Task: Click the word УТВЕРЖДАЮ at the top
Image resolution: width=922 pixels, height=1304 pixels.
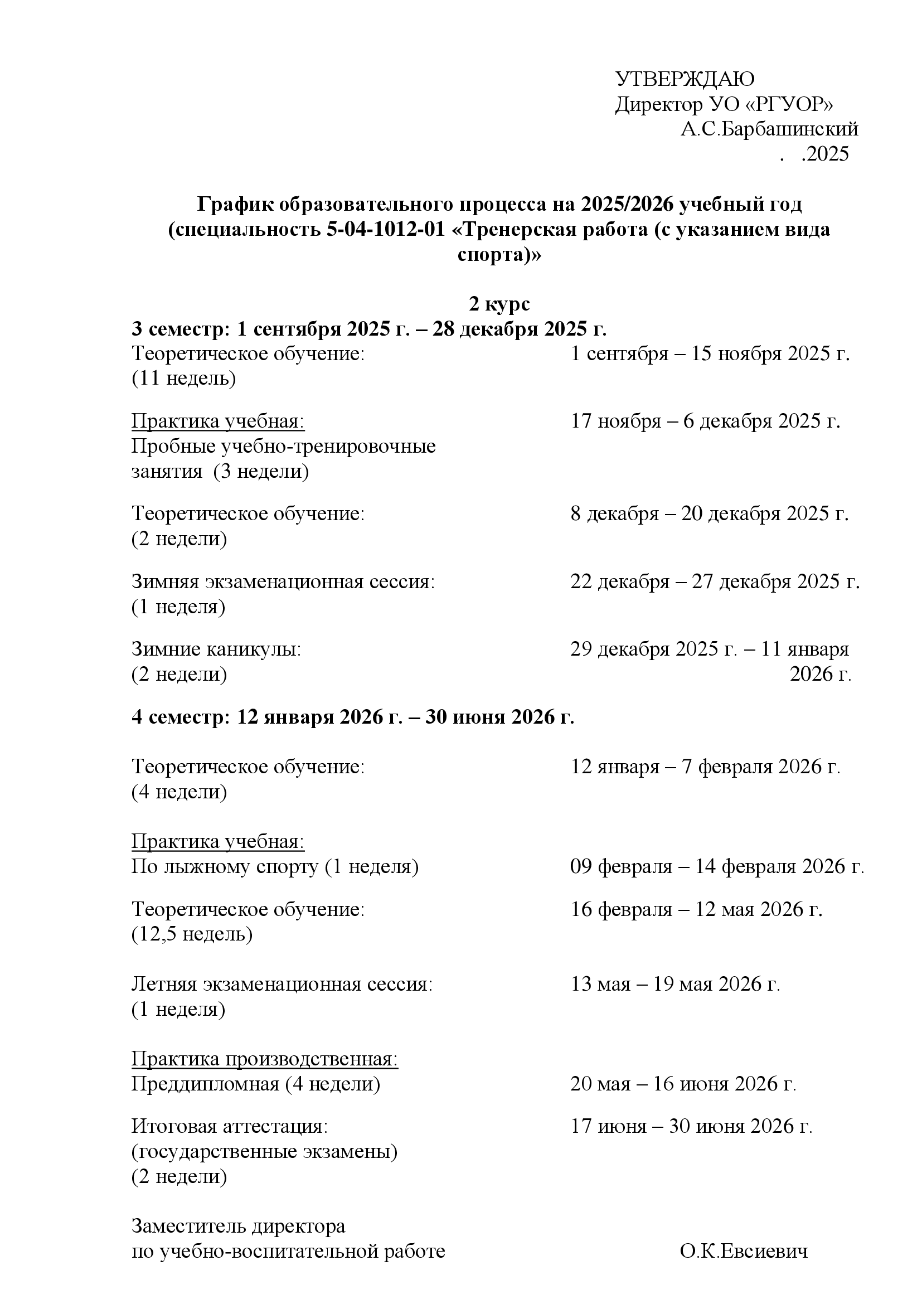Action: click(685, 80)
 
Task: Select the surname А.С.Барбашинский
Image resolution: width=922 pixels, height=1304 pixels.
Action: click(769, 129)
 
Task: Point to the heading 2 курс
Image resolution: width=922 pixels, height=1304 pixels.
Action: click(499, 304)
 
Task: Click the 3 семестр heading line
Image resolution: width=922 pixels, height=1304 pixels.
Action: click(369, 329)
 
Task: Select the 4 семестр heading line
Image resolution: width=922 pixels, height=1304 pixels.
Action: click(352, 717)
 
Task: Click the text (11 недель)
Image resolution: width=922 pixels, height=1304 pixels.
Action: click(183, 378)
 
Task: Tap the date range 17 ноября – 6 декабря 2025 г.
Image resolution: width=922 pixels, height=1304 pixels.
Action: click(705, 421)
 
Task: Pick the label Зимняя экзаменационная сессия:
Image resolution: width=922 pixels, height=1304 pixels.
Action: click(283, 581)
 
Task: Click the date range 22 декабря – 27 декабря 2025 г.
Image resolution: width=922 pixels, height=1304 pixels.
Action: click(715, 581)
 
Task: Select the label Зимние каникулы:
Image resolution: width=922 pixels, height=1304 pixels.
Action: click(216, 648)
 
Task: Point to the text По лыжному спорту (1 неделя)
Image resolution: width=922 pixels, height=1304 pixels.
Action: click(275, 866)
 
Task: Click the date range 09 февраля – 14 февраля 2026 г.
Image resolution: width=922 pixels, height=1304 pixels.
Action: click(717, 866)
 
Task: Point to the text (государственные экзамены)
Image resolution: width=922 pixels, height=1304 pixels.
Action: click(264, 1151)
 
